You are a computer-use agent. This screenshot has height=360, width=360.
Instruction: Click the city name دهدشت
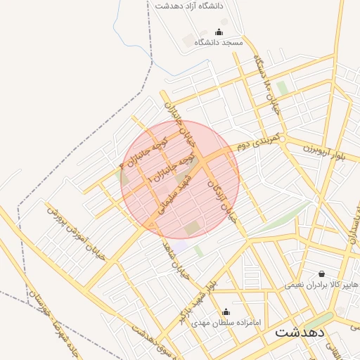pos(301,333)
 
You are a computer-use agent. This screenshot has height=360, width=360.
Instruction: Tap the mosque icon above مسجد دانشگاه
pos(218,32)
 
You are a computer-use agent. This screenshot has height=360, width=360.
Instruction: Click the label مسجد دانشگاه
pos(218,43)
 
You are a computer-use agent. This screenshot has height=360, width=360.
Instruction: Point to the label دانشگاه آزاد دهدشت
pos(188,6)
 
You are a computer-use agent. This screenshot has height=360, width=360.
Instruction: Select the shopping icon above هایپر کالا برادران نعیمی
pos(322,274)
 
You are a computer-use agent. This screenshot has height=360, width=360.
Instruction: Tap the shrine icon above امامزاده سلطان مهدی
pos(226,311)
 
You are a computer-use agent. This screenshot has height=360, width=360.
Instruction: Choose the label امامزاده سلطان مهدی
pos(226,323)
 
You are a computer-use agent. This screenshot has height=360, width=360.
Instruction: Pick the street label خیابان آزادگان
pos(223,200)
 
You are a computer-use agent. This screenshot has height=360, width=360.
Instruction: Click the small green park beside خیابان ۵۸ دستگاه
pos(282,88)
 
